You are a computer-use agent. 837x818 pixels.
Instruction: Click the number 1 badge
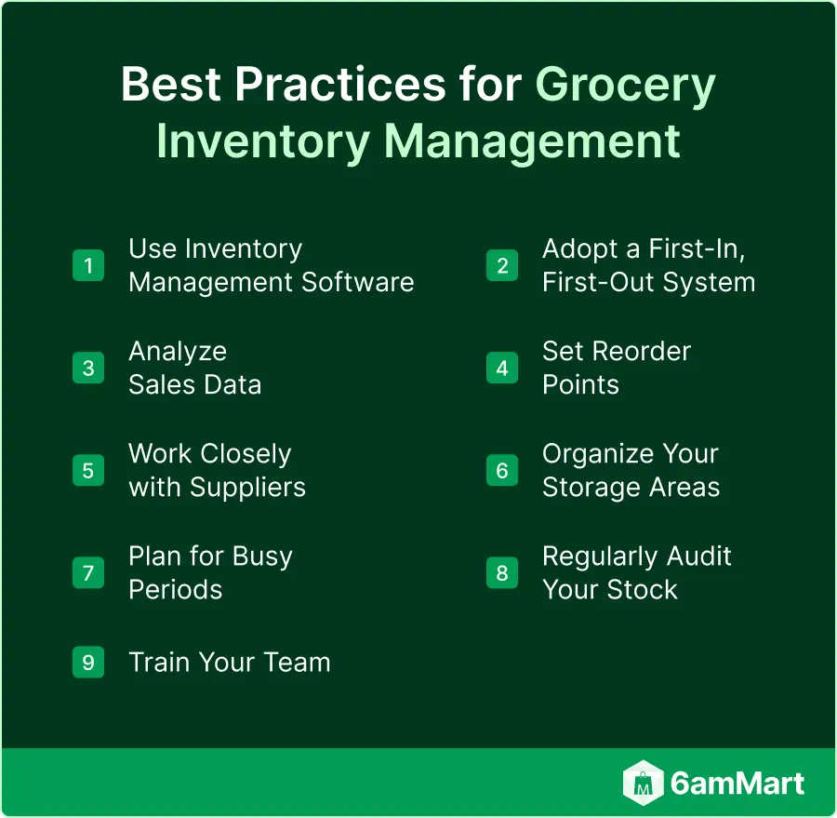(x=88, y=265)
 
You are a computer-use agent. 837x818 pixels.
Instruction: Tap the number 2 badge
(x=502, y=265)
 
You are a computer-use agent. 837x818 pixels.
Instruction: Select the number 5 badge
(x=88, y=470)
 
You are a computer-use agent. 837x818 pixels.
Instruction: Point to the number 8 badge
(x=502, y=572)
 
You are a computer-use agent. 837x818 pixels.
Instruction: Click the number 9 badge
(x=88, y=662)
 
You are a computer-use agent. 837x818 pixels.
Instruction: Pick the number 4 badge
(x=502, y=368)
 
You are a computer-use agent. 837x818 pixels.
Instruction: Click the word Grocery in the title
(x=625, y=86)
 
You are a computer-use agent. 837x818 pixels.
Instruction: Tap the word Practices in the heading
(x=340, y=84)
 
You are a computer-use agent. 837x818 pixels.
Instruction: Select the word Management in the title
(x=532, y=142)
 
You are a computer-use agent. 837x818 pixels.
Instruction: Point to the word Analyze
(x=178, y=353)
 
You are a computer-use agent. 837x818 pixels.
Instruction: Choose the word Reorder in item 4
(x=642, y=352)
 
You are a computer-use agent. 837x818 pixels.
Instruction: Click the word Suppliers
(x=247, y=489)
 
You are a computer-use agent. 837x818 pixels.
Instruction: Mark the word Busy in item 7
(x=262, y=557)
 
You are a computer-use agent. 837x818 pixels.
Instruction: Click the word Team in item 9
(x=298, y=663)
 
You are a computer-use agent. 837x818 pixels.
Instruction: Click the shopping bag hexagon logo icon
(x=644, y=783)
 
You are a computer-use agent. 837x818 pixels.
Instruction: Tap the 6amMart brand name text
(x=737, y=784)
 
